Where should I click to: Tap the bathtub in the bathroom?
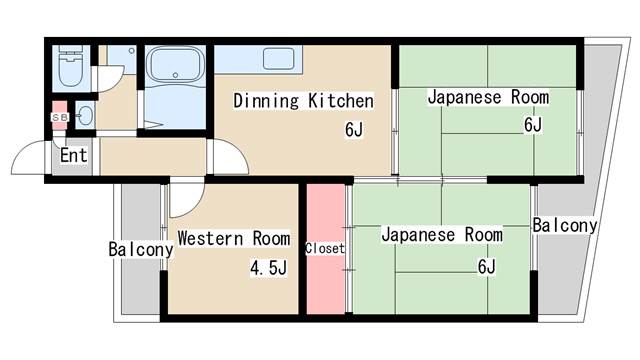pyautogui.click(x=175, y=64)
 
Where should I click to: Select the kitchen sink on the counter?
pyautogui.click(x=278, y=58)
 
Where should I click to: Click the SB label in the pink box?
pyautogui.click(x=60, y=117)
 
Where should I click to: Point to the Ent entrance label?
pyautogui.click(x=73, y=155)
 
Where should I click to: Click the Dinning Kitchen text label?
pyautogui.click(x=303, y=101)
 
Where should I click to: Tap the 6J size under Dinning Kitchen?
pyautogui.click(x=353, y=130)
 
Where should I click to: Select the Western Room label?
pyautogui.click(x=234, y=238)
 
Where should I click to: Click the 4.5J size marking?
pyautogui.click(x=269, y=268)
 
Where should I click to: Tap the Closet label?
pyautogui.click(x=325, y=248)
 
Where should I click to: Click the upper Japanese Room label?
pyautogui.click(x=488, y=97)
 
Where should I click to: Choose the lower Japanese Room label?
pyautogui.click(x=442, y=235)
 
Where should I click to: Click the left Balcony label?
pyautogui.click(x=141, y=249)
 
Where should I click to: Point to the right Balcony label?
pyautogui.click(x=565, y=225)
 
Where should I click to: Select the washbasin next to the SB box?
pyautogui.click(x=85, y=115)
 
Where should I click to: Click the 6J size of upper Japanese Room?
pyautogui.click(x=533, y=125)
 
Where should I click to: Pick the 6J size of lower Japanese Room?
pyautogui.click(x=487, y=267)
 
